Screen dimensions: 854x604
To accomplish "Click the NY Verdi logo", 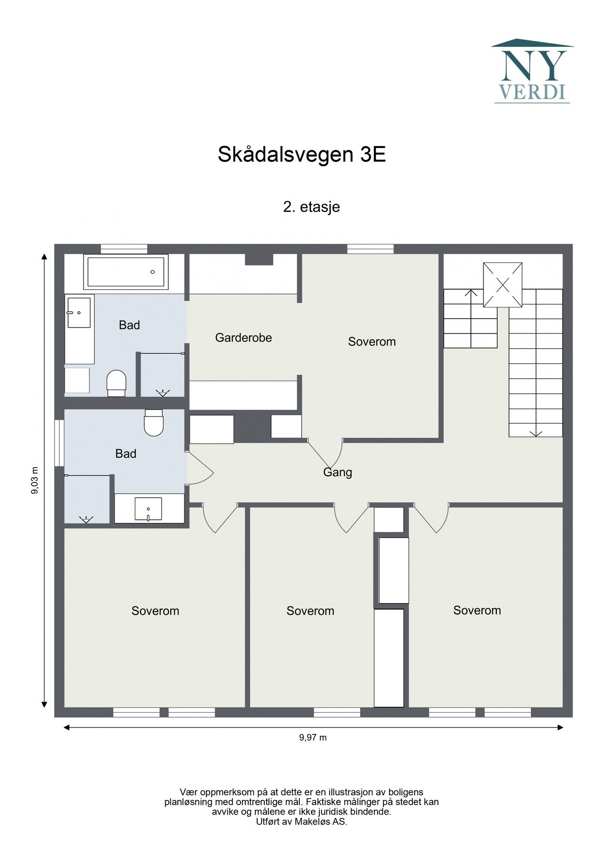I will [x=532, y=71].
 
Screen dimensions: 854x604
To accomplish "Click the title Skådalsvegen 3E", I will [x=301, y=155].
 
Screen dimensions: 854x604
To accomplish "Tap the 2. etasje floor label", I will [x=311, y=207].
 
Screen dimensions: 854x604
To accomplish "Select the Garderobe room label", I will [x=243, y=338].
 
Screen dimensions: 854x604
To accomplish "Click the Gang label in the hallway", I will [x=337, y=473].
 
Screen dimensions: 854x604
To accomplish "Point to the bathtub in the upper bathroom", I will [x=126, y=272].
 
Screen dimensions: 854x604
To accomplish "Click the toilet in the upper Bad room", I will [x=116, y=382].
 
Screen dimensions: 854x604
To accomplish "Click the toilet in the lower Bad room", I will [x=153, y=422].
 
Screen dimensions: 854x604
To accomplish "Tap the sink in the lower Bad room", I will [x=149, y=509].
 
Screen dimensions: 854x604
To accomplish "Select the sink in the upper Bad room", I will [x=79, y=312].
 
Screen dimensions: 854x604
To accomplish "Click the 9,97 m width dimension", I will [x=313, y=738].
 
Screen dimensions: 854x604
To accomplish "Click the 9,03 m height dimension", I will [x=35, y=481].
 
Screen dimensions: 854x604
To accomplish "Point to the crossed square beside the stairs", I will [x=502, y=285].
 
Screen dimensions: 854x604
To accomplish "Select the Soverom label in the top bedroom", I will [x=372, y=342].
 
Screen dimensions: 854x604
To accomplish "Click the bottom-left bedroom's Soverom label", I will [x=155, y=611].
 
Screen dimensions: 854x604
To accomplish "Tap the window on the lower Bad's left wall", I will [x=59, y=443].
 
